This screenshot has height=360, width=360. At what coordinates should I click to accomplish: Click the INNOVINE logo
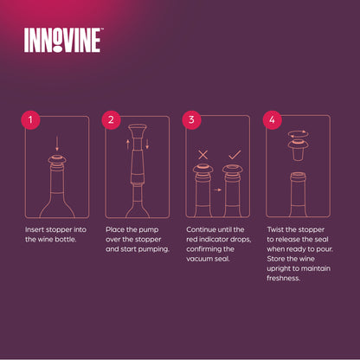click(x=63, y=40)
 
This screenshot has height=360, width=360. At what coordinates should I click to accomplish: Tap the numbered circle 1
click(x=30, y=120)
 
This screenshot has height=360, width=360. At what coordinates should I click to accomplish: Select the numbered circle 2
click(x=111, y=120)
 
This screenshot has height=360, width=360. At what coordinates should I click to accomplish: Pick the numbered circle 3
click(x=191, y=120)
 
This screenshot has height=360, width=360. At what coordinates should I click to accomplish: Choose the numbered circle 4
click(x=272, y=120)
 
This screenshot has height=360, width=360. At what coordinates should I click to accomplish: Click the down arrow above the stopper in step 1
click(x=57, y=144)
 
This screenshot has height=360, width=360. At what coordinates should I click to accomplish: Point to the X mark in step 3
click(x=203, y=155)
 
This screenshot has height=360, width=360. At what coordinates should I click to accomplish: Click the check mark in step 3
click(x=235, y=155)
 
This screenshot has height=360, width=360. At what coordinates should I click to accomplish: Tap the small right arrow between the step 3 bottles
click(x=218, y=190)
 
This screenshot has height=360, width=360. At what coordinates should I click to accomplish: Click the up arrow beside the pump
click(x=128, y=145)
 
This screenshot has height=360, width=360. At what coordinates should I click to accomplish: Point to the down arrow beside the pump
click(x=147, y=145)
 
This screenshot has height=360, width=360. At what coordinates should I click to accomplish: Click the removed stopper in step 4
click(x=299, y=150)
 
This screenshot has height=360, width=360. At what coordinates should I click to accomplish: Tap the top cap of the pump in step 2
click(x=138, y=128)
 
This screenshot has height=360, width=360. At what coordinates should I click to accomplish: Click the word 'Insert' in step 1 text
click(x=35, y=229)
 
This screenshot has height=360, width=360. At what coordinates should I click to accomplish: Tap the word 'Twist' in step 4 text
click(x=275, y=229)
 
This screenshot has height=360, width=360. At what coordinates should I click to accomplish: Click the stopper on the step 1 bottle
click(x=57, y=160)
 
